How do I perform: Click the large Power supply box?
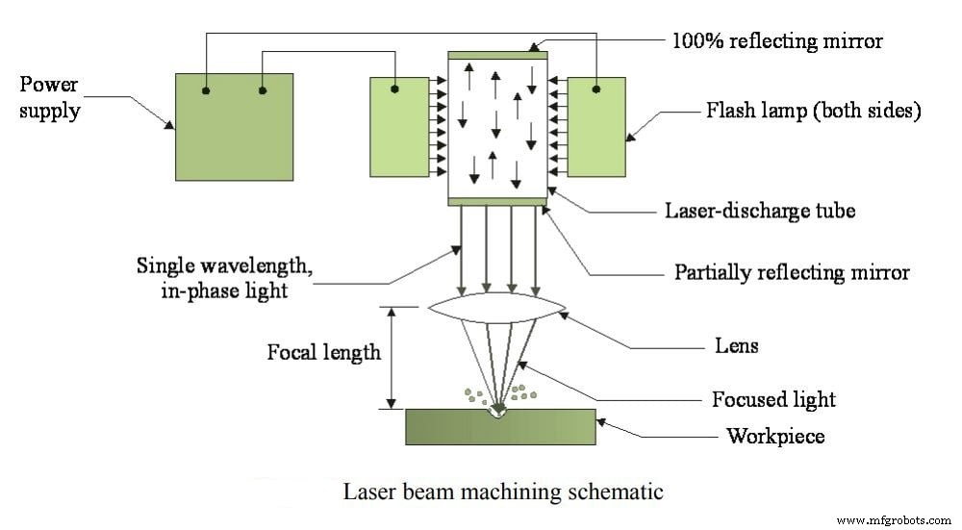(234, 126)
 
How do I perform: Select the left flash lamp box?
(398, 126)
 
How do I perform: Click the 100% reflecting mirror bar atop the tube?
(497, 55)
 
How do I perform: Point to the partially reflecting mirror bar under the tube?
(497, 201)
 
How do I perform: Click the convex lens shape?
(497, 311)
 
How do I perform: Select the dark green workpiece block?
(500, 426)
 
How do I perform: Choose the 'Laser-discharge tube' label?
(759, 210)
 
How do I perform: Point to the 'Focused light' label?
(773, 399)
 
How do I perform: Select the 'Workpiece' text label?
(774, 436)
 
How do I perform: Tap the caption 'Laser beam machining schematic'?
(503, 492)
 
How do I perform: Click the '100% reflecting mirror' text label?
(776, 40)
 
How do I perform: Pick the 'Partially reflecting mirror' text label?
(791, 272)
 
